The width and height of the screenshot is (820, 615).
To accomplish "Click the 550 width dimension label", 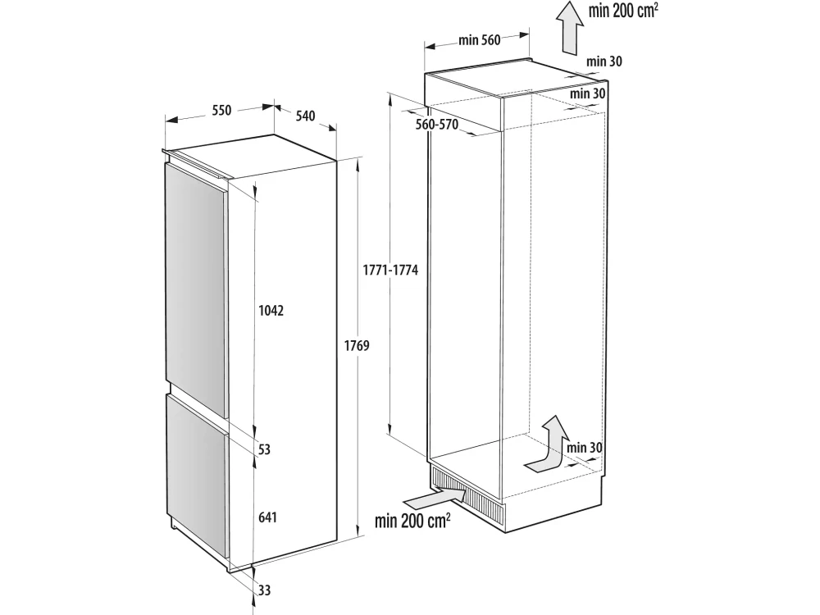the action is click(221, 111).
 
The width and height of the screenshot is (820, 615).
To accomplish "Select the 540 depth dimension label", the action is click(305, 116).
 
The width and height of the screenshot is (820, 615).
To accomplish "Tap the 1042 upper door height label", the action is click(271, 311).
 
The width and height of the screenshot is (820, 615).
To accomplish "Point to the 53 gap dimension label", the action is click(264, 449).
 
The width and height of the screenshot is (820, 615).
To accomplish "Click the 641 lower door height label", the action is click(267, 517).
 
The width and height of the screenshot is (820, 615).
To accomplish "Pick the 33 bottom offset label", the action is click(264, 590).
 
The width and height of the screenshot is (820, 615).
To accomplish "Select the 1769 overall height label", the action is click(357, 346).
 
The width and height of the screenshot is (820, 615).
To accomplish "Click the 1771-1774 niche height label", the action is click(390, 271).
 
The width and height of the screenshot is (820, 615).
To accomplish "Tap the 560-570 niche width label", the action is click(437, 125).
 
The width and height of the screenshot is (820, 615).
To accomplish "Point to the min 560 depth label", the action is click(480, 39).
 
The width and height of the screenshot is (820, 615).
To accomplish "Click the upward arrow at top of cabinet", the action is click(569, 27).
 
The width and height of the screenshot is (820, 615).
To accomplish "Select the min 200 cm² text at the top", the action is click(623, 10).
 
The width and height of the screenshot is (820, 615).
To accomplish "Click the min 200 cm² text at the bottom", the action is click(412, 521).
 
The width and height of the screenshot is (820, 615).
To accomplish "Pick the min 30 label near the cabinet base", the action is click(584, 448).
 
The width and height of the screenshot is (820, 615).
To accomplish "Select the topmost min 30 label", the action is click(604, 61).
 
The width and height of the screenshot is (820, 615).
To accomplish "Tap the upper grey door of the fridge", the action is click(196, 291).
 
